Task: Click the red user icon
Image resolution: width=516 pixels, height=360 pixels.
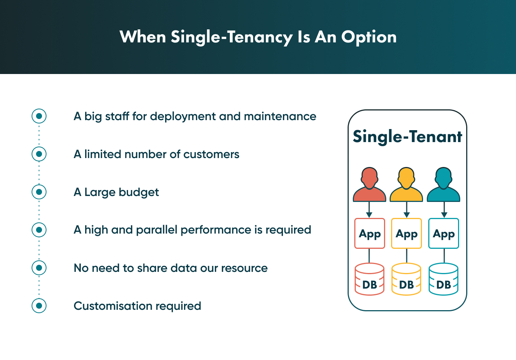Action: pos(369,185)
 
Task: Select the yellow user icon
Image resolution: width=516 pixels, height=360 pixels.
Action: pos(406,185)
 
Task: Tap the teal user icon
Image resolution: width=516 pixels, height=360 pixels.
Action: pos(444,185)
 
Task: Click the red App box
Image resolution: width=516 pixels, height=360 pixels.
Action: pos(370,234)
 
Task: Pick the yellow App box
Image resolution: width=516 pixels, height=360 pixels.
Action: pos(406,234)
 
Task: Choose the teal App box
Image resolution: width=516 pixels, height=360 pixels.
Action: pos(444,234)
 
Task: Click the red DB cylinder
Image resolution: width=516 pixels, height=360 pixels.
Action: pos(370,280)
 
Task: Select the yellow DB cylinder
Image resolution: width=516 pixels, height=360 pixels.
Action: pos(406,280)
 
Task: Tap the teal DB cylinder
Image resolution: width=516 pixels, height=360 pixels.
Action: pos(444,280)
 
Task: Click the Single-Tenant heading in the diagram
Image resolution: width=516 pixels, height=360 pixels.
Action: pos(407,137)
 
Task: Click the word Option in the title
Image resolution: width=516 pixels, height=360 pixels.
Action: pos(369,37)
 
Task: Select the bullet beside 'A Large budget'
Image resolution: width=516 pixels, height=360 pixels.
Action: pos(39,192)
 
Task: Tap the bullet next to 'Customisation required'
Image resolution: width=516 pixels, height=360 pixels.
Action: pos(39,306)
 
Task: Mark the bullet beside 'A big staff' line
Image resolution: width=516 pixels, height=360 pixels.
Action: pos(39,116)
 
